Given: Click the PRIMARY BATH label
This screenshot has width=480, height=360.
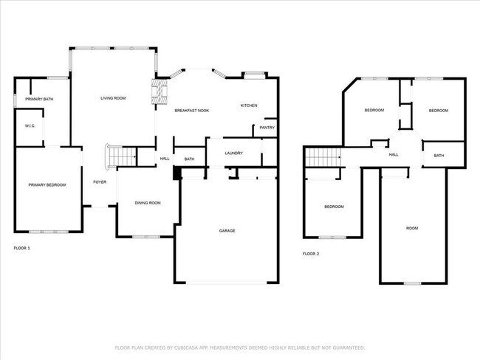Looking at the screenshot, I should (x=39, y=99).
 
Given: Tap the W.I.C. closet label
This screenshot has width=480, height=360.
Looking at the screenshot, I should (x=30, y=126).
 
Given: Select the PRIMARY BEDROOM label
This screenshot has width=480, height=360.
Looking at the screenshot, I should (x=47, y=184).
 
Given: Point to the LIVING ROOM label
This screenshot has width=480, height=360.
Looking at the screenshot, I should (x=113, y=98).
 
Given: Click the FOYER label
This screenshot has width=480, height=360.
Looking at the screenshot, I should (x=99, y=181).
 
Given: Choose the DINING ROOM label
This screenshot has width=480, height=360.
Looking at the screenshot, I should (x=148, y=203).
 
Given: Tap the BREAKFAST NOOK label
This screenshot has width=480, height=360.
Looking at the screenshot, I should (x=191, y=110).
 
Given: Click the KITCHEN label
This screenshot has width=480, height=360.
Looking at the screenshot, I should (x=249, y=105).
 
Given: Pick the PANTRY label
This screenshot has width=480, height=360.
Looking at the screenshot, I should (x=267, y=128).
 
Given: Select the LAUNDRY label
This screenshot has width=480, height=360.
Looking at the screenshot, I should (x=234, y=153).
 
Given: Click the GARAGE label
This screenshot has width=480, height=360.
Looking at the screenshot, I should (x=227, y=231).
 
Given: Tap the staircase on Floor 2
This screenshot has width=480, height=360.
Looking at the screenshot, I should (x=322, y=156).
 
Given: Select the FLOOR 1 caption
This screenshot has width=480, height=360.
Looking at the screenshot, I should (x=22, y=248).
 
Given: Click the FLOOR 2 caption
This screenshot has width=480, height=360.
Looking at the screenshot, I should (x=311, y=254).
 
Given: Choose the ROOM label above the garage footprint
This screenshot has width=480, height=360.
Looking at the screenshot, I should (x=412, y=228).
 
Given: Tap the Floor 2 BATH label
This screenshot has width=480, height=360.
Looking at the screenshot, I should (x=439, y=156).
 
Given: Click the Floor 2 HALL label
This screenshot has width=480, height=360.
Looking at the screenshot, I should (x=394, y=154).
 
